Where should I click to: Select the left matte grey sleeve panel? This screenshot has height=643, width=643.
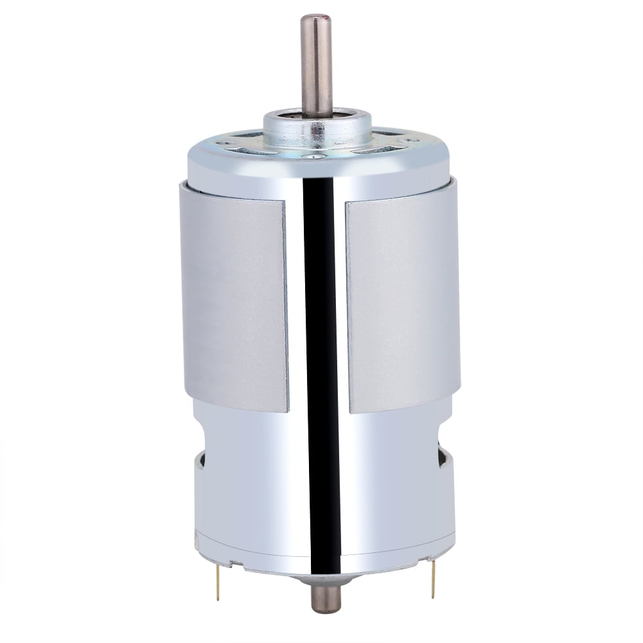[x=234, y=302]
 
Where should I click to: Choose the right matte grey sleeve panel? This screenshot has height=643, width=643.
[x=401, y=302]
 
